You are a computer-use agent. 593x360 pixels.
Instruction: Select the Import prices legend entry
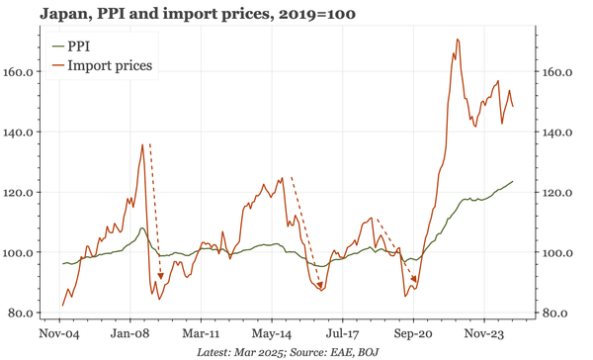[x=110, y=65]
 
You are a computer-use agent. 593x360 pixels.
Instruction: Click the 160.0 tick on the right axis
[x=557, y=72]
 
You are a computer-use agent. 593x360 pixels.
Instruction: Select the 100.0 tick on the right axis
[x=557, y=253]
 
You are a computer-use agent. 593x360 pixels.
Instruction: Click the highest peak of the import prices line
[x=458, y=40]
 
